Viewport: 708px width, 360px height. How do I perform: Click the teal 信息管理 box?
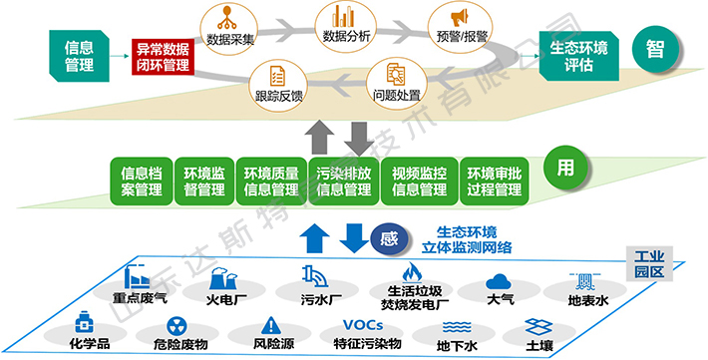pos(80,55)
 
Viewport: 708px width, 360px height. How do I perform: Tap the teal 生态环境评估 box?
pos(578,56)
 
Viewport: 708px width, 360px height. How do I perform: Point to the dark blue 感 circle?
pos(389,240)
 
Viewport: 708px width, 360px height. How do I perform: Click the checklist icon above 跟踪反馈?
pos(278,76)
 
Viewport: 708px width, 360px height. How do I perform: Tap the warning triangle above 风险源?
pos(273,325)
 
